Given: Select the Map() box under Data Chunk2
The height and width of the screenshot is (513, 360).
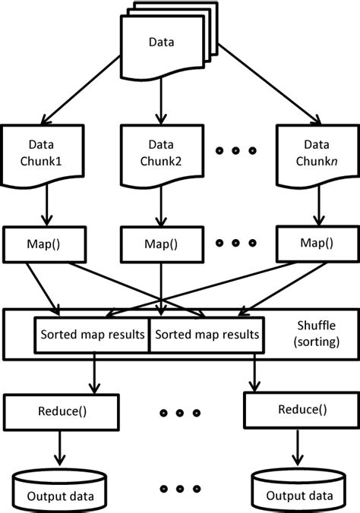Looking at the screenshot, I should pyautogui.click(x=162, y=244).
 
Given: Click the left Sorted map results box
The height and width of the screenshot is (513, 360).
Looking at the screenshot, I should pyautogui.click(x=92, y=335).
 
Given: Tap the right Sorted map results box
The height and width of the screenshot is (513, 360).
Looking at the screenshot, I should pyautogui.click(x=206, y=335).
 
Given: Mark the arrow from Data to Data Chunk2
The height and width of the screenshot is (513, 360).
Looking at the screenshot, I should pyautogui.click(x=162, y=99).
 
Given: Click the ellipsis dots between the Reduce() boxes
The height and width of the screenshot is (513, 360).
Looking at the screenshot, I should pyautogui.click(x=180, y=414).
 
